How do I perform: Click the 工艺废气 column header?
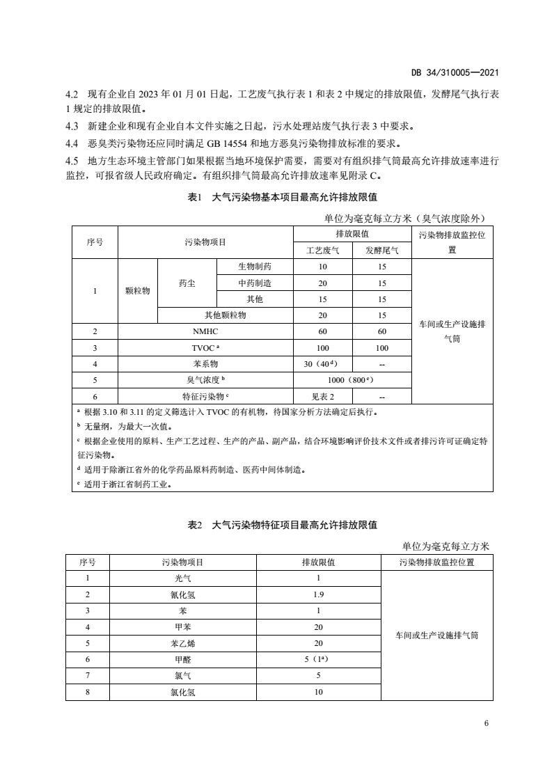click(323, 251)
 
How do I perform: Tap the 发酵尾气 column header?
click(382, 251)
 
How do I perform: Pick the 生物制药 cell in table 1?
click(254, 267)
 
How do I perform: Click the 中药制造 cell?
click(254, 283)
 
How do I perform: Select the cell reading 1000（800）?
click(352, 380)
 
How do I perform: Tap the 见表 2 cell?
click(323, 396)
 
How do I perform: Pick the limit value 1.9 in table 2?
click(319, 594)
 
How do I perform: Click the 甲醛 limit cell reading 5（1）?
click(319, 659)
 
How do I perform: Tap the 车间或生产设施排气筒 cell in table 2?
click(436, 635)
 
